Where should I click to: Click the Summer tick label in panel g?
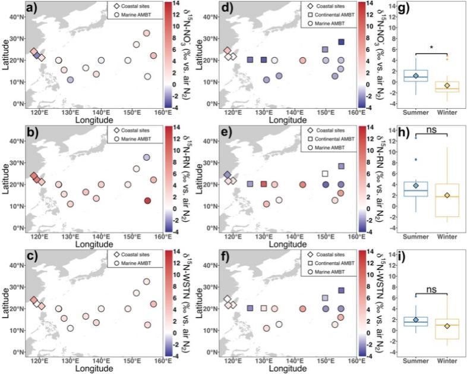coord(416,112)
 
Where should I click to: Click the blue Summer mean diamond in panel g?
coord(416,76)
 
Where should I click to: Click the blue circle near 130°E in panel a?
coord(70,80)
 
